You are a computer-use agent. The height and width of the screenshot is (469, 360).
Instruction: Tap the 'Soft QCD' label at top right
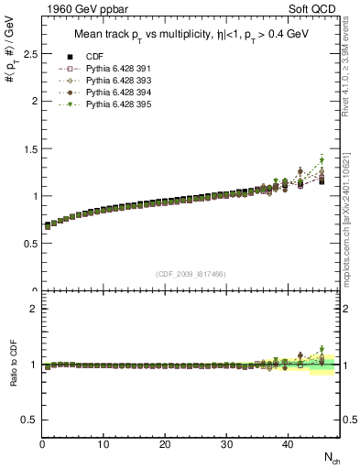click(x=314, y=10)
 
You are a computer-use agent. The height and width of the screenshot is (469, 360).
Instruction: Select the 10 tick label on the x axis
click(x=104, y=444)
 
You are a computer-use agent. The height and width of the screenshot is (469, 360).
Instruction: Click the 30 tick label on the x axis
click(x=226, y=444)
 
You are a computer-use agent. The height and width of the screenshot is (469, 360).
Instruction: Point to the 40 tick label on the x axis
click(x=288, y=444)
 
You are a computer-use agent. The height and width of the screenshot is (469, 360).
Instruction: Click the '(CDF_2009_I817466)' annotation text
click(x=191, y=274)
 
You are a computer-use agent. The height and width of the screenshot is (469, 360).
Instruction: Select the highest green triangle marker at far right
click(x=322, y=160)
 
